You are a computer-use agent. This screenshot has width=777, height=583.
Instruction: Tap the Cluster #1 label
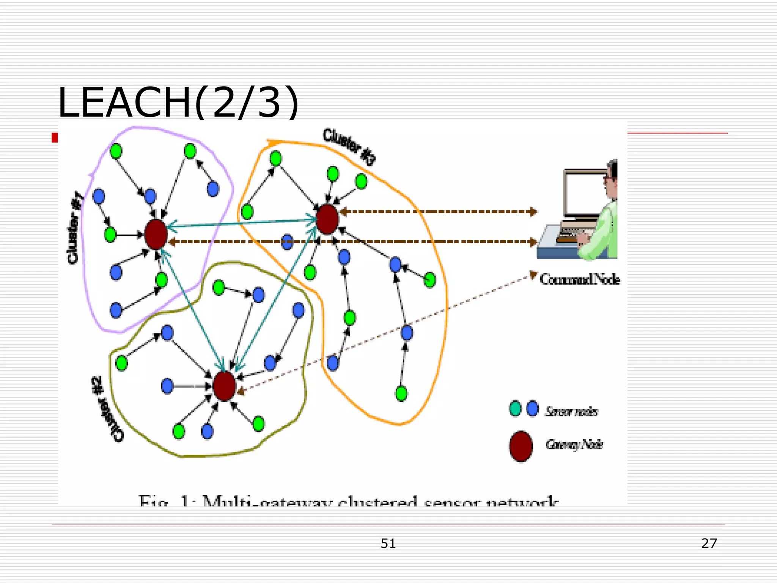point(75,228)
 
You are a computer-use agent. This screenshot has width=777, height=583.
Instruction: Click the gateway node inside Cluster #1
point(156,234)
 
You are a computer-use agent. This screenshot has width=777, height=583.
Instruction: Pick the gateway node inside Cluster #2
point(224,386)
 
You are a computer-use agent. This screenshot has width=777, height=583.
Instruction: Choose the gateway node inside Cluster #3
point(327,219)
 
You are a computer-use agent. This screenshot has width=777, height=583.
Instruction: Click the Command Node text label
point(580,280)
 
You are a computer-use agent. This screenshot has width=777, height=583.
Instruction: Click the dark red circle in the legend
point(521,446)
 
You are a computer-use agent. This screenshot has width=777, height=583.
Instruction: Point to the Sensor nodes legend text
point(571,411)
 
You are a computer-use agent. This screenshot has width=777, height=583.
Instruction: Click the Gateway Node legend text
point(574,444)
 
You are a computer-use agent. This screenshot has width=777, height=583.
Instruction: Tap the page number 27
point(709,543)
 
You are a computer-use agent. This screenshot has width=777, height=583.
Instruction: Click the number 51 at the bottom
point(388,544)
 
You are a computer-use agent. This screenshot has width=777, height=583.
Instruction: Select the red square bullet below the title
point(55,138)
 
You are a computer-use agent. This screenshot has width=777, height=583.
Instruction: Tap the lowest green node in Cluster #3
point(401,394)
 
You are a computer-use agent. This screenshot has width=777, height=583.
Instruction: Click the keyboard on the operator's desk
point(573,232)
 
